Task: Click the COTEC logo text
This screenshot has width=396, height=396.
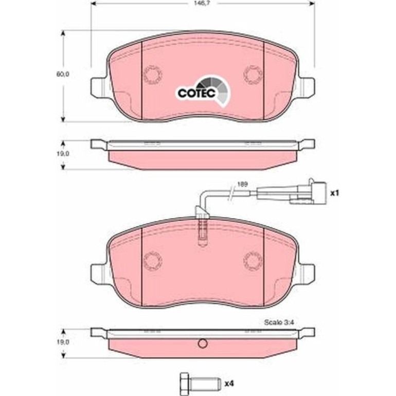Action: pos(196,93)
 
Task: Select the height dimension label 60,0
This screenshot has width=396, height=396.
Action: pos(63,74)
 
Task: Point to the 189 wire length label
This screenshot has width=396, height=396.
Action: pos(242,184)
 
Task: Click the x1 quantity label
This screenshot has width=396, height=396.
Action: pos(335,193)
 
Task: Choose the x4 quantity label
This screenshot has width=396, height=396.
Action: pos(229,384)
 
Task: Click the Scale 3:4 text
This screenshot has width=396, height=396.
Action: pos(279,322)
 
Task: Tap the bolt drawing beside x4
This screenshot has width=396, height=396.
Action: pos(200,384)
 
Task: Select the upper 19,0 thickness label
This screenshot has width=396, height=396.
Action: pos(63,154)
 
